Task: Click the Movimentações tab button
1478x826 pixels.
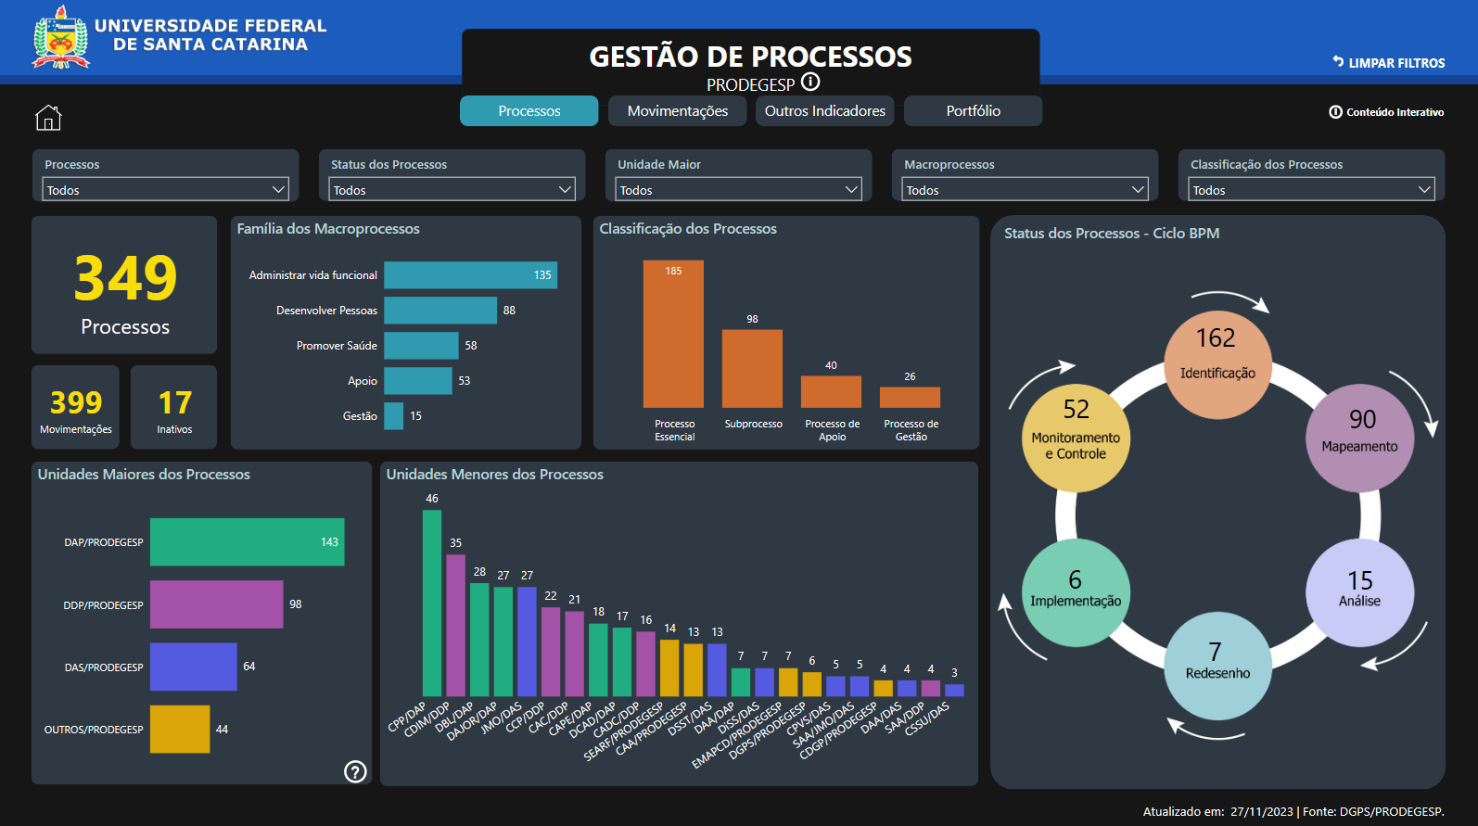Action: tap(677, 111)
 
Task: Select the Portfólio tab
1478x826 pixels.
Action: tap(973, 111)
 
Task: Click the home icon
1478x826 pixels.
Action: tap(48, 118)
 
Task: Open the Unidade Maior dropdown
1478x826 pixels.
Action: tap(738, 189)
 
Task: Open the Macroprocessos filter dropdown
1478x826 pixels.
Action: tap(1025, 189)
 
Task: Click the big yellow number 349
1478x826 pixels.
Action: tap(125, 278)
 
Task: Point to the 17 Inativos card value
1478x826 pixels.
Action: tap(174, 403)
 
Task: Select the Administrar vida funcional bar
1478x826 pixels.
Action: tap(470, 275)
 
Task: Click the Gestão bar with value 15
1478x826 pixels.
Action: tap(394, 416)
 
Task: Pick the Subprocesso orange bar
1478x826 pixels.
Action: tap(752, 368)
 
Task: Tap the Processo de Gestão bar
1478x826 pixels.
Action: tap(910, 397)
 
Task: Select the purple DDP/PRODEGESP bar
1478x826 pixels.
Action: tap(216, 604)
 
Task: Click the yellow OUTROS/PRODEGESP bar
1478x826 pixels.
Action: tap(180, 730)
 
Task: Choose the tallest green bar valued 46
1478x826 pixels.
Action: tap(432, 603)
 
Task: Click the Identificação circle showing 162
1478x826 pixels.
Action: tap(1217, 364)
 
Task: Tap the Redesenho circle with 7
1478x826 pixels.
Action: tap(1217, 665)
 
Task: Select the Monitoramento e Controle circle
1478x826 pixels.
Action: tap(1076, 438)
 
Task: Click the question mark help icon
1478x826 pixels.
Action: tap(355, 771)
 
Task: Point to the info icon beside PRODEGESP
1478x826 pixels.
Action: tap(810, 82)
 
